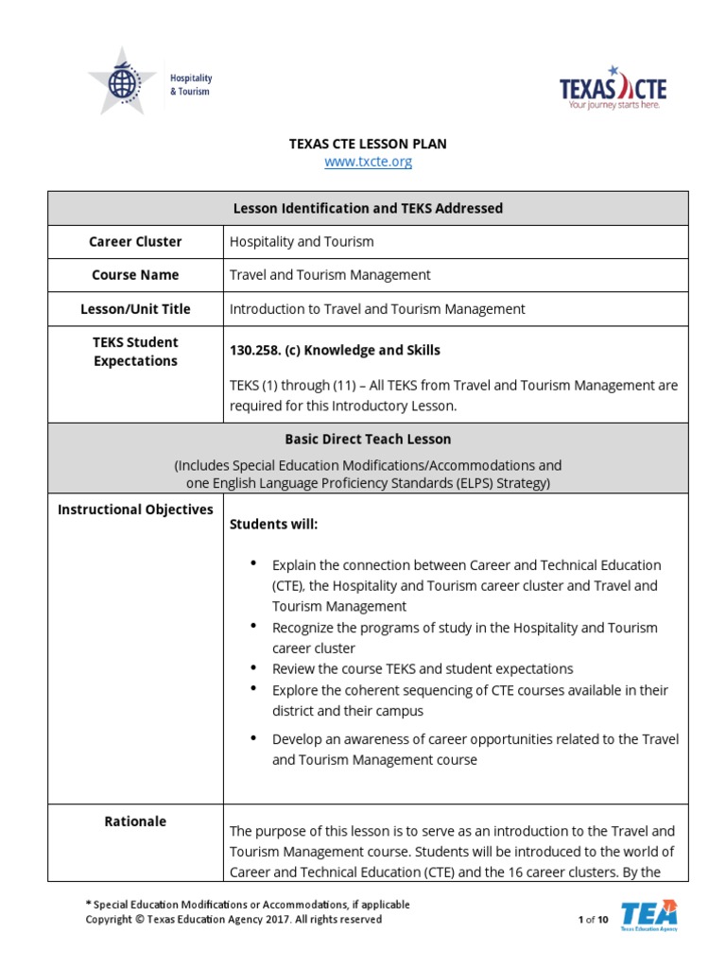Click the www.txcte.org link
point(368,162)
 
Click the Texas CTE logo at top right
point(613,87)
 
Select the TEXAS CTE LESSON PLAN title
point(367,144)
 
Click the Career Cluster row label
point(135,241)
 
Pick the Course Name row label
point(135,275)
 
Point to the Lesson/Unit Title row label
point(135,309)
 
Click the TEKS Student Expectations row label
point(135,352)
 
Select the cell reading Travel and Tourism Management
point(330,275)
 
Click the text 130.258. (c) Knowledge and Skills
point(335,350)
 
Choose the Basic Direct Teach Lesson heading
point(368,440)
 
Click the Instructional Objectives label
point(135,510)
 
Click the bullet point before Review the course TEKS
point(253,668)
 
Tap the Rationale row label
point(135,821)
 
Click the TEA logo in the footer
point(648,915)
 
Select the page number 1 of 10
point(593,920)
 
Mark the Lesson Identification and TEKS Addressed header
point(368,208)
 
